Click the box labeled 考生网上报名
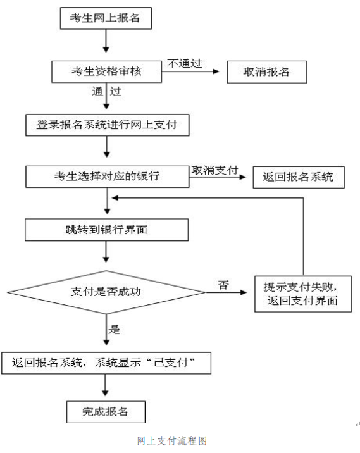pyautogui.click(x=106, y=18)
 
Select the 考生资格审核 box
pyautogui.click(x=106, y=71)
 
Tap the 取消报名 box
pyautogui.click(x=266, y=72)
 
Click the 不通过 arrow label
pyautogui.click(x=185, y=63)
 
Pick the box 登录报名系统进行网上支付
pyautogui.click(x=107, y=125)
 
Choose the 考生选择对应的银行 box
pyautogui.click(x=107, y=177)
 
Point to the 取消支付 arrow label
pyautogui.click(x=214, y=170)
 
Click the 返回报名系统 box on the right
pyautogui.click(x=299, y=177)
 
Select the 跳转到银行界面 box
pyautogui.click(x=107, y=230)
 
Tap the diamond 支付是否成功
pyautogui.click(x=106, y=292)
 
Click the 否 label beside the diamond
pyautogui.click(x=223, y=285)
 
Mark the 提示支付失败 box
pyautogui.click(x=303, y=294)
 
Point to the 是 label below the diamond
pyautogui.click(x=114, y=330)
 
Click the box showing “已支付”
pyautogui.click(x=106, y=363)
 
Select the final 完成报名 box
pyautogui.click(x=106, y=412)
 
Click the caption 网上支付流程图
pyautogui.click(x=172, y=441)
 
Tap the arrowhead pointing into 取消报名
pyautogui.click(x=216, y=71)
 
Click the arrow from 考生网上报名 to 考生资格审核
pyautogui.click(x=106, y=40)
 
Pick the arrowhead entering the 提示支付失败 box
pyautogui.click(x=244, y=292)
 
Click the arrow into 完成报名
pyautogui.click(x=105, y=385)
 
